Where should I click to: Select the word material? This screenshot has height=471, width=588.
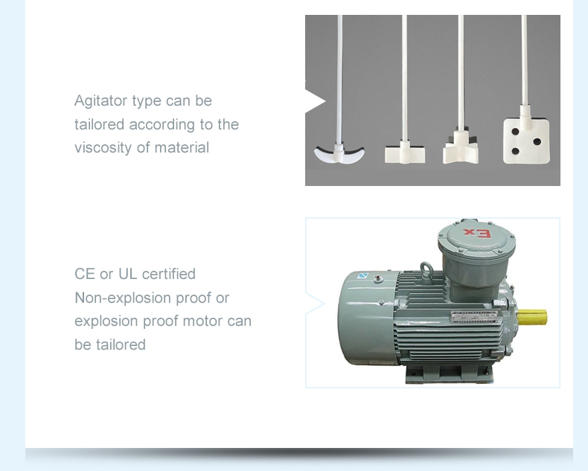click(x=182, y=147)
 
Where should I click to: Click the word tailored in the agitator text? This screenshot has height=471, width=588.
click(x=99, y=124)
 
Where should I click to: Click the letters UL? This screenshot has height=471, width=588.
click(x=127, y=274)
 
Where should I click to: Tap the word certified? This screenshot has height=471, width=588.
click(x=169, y=274)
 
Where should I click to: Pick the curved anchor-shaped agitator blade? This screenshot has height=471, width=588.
click(x=339, y=153)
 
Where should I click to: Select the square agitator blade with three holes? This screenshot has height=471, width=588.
click(x=526, y=139)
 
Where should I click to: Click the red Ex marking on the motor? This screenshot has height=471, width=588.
click(x=476, y=233)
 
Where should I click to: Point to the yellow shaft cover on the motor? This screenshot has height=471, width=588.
click(x=531, y=318)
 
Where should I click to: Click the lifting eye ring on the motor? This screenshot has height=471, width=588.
click(x=426, y=269)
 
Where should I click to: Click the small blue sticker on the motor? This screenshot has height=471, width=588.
click(x=362, y=275)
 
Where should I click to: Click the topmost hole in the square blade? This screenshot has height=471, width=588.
click(x=515, y=132)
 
